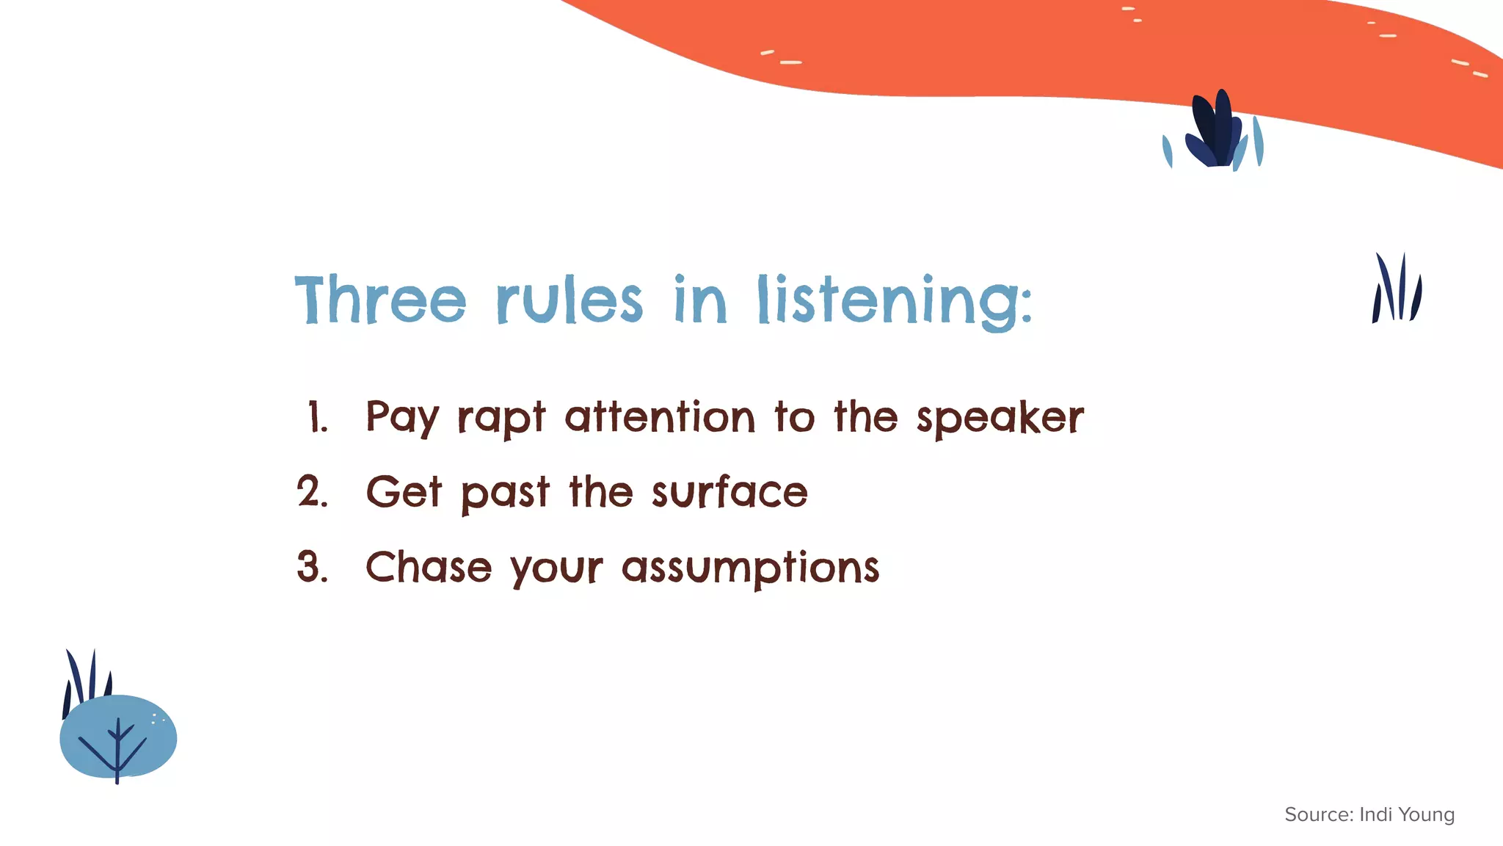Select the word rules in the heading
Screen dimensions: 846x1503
click(569, 301)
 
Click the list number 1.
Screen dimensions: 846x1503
click(317, 417)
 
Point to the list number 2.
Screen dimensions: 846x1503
click(312, 491)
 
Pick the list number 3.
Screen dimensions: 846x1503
click(312, 567)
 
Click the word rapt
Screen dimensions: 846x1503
click(501, 419)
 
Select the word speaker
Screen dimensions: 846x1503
click(1000, 419)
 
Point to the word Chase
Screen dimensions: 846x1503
click(429, 567)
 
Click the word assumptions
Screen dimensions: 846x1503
click(750, 568)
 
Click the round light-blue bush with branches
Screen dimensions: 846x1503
click(118, 737)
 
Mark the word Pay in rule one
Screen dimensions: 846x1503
click(401, 418)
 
